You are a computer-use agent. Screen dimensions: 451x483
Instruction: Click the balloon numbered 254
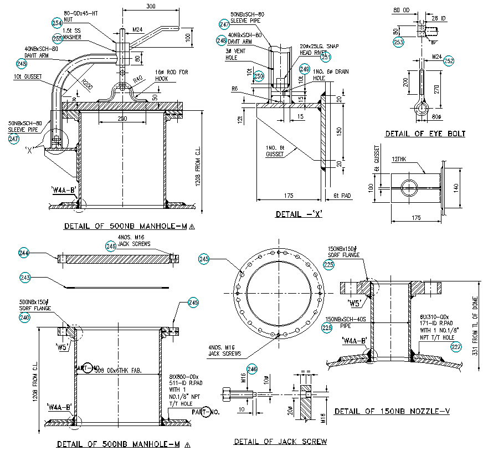point(56,23)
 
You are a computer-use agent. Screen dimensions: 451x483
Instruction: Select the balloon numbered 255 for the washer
point(58,38)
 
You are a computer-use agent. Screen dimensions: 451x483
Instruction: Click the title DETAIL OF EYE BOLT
point(425,134)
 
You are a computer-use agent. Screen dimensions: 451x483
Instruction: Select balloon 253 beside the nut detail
point(398,42)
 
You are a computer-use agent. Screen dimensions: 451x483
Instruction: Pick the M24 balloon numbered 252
point(449,61)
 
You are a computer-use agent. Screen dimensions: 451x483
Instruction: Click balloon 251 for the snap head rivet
point(325,57)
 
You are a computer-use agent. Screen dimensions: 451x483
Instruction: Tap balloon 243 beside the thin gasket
point(25,277)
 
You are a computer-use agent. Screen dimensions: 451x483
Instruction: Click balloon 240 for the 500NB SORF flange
point(25,317)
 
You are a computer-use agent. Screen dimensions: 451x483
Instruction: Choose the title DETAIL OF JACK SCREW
point(280,442)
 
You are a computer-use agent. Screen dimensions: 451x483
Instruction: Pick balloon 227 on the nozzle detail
point(456,347)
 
